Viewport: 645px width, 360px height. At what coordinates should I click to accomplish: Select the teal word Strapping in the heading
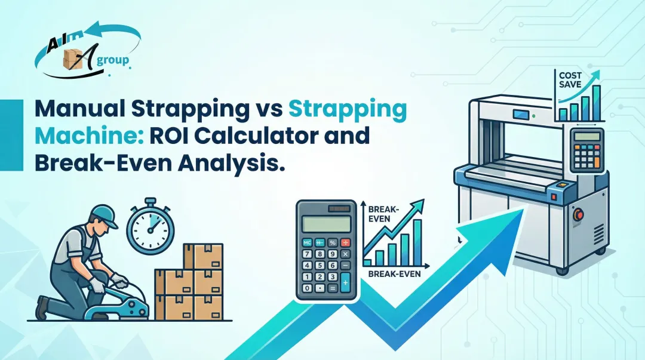click(x=348, y=112)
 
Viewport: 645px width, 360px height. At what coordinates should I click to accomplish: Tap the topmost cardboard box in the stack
click(x=203, y=256)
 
